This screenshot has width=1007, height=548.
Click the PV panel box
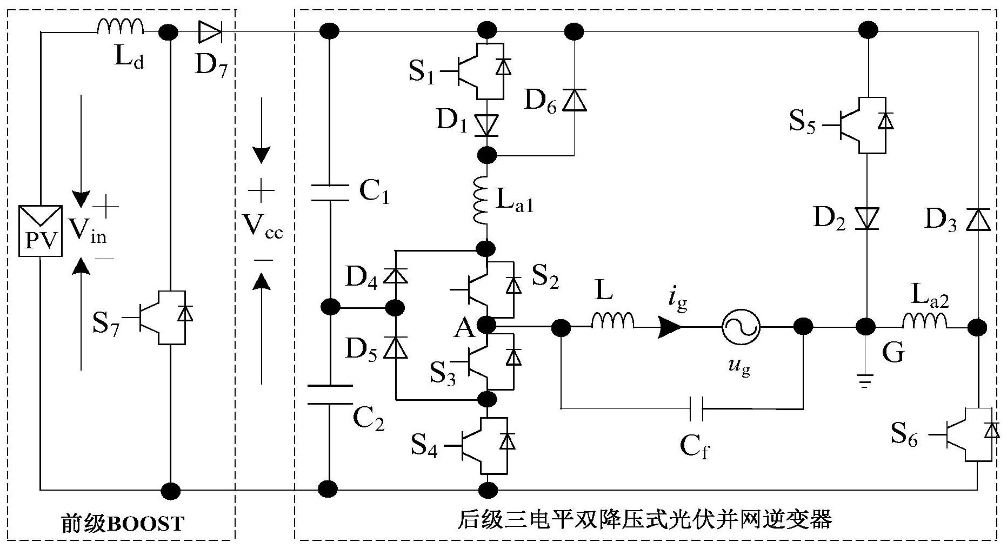coord(41,230)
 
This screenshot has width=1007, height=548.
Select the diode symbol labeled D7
coord(209,32)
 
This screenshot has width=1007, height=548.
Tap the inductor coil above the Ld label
coord(120,27)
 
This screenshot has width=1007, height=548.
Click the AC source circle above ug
coord(741,327)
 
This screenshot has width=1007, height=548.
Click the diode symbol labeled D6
coord(574,101)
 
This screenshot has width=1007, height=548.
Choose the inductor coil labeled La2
coord(924,321)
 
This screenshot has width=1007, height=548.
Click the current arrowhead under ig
coord(670,327)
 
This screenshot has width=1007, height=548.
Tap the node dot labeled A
coord(488,325)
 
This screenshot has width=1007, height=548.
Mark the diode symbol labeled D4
coord(395,276)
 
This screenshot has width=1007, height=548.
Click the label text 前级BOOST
coord(123,524)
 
